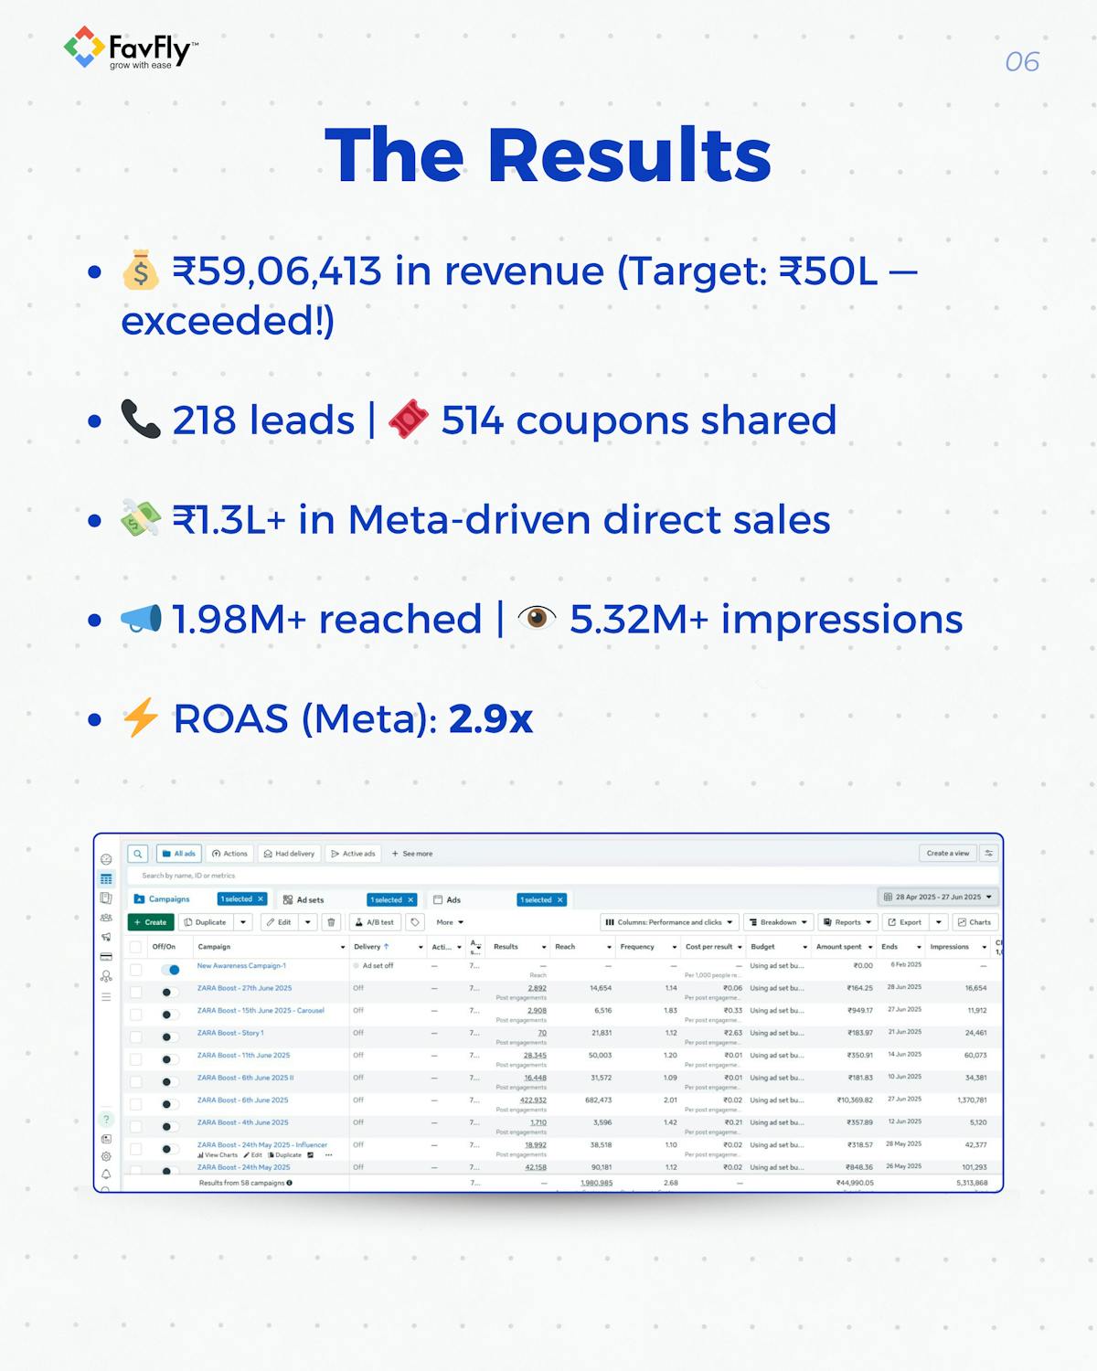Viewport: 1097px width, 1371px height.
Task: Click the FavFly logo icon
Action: tap(83, 47)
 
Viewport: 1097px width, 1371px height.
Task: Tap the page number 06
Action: tap(1022, 62)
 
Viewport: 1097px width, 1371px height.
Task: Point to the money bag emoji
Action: tap(141, 271)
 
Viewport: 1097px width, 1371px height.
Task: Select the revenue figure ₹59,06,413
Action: tap(277, 271)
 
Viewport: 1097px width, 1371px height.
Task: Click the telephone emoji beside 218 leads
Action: tap(140, 420)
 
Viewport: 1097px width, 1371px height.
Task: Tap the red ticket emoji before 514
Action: tap(408, 420)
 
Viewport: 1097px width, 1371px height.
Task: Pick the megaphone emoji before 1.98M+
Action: tap(141, 619)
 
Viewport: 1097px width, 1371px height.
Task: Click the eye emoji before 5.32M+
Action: tap(537, 619)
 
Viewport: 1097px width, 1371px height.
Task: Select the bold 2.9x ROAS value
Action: tap(491, 719)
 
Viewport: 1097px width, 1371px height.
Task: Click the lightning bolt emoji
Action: tap(141, 718)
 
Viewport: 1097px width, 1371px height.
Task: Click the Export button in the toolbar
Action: tap(905, 922)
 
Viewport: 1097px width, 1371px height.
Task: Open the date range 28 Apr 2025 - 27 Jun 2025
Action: tap(938, 897)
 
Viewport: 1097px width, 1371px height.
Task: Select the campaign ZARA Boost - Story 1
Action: tap(230, 1033)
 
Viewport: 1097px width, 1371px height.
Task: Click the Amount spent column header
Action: tap(839, 947)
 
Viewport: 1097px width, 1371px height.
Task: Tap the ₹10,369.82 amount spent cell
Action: tap(856, 1100)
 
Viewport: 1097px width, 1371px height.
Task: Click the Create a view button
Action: tap(947, 854)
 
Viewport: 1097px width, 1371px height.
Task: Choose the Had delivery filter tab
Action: tap(289, 854)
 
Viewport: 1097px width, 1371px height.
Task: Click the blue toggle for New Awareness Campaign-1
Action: tap(170, 969)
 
